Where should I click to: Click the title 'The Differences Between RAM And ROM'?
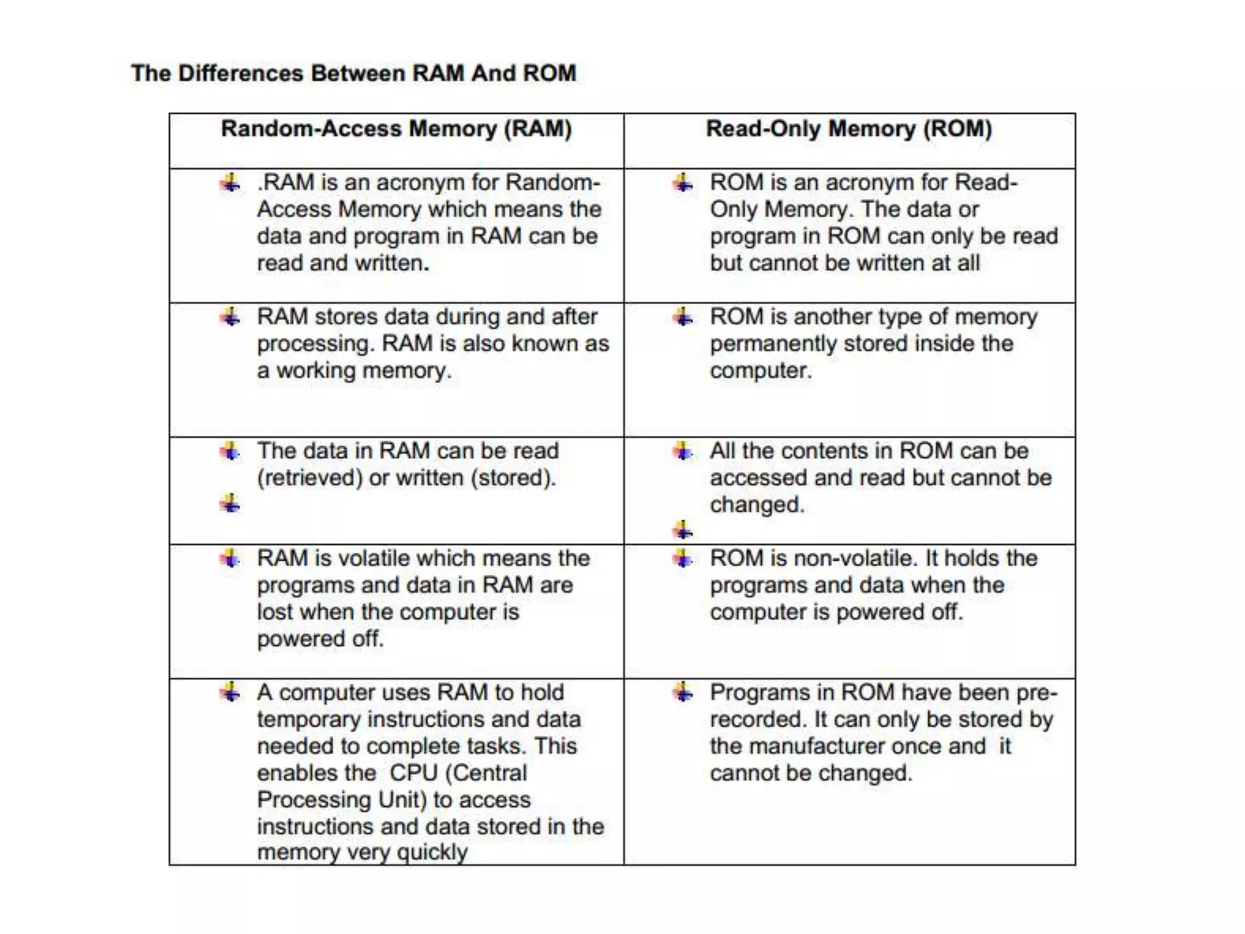point(353,74)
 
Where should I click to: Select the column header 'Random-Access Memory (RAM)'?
point(396,129)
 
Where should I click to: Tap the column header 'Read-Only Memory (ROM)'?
point(849,129)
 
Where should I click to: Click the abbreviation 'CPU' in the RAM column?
point(413,773)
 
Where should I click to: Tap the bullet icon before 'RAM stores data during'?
point(230,317)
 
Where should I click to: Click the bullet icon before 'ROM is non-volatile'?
point(683,558)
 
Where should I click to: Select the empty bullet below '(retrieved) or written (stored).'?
point(230,503)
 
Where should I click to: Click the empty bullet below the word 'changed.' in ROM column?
point(683,530)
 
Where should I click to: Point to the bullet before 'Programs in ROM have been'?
point(683,692)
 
